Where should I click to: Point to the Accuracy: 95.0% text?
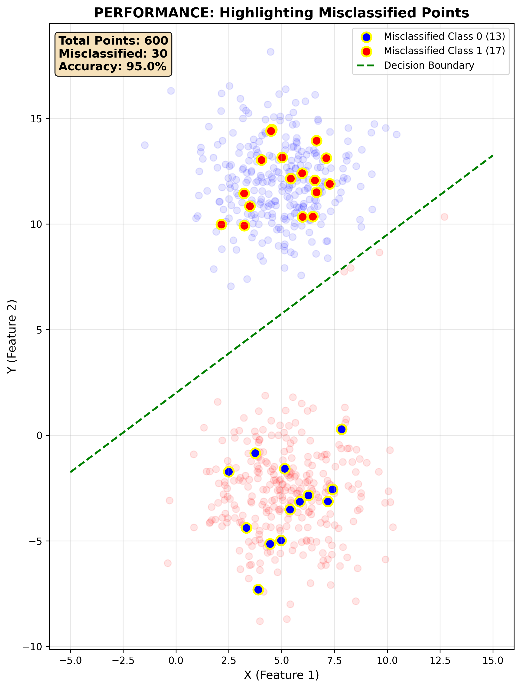113,67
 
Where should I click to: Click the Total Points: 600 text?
113,41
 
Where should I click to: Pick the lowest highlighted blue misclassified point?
258,589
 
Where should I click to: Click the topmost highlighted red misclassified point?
271,131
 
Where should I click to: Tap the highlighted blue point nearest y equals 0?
341,429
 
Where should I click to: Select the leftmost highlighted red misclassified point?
221,224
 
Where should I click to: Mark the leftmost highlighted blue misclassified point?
229,472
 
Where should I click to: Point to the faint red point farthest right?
444,217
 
